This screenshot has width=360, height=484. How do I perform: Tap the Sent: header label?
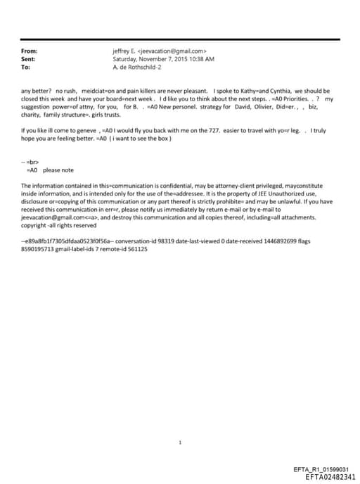click(29, 59)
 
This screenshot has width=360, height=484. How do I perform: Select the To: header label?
click(26, 67)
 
